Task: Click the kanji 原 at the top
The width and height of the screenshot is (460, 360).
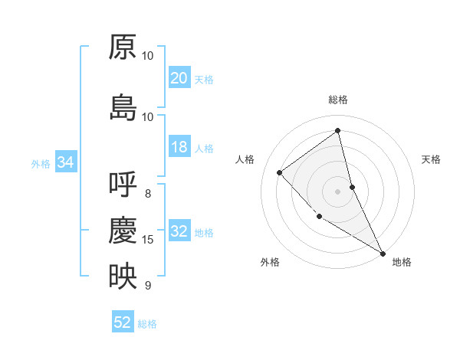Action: pyautogui.click(x=123, y=47)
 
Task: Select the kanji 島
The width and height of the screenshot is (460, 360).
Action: pyautogui.click(x=123, y=108)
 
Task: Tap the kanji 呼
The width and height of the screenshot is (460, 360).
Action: pyautogui.click(x=123, y=185)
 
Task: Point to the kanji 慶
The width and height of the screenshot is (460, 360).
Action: pyautogui.click(x=123, y=231)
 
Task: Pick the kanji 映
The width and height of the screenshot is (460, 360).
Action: pyautogui.click(x=123, y=277)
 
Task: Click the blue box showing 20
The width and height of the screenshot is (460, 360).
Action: pyautogui.click(x=179, y=78)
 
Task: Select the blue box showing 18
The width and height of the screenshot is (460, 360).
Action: pyautogui.click(x=179, y=147)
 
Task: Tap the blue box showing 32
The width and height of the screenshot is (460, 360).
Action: pyautogui.click(x=179, y=231)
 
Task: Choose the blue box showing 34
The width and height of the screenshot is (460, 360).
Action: pyautogui.click(x=65, y=162)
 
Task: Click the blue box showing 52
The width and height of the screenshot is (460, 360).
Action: pyautogui.click(x=123, y=322)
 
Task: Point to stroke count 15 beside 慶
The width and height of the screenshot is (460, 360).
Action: pyautogui.click(x=148, y=240)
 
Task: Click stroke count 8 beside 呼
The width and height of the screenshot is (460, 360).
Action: pyautogui.click(x=148, y=193)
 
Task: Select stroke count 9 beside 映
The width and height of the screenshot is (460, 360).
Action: pyautogui.click(x=148, y=286)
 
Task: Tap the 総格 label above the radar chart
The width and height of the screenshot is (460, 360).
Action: pyautogui.click(x=337, y=100)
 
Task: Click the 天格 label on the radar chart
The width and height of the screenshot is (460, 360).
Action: pyautogui.click(x=431, y=159)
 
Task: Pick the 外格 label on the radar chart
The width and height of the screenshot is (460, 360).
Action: pyautogui.click(x=270, y=262)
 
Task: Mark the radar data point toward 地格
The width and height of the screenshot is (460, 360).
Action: pyautogui.click(x=383, y=253)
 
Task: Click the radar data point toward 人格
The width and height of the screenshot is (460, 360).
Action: pyautogui.click(x=280, y=172)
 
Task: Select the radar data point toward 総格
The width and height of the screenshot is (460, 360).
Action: pyautogui.click(x=337, y=130)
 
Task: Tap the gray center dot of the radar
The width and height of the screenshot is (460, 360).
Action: pyautogui.click(x=337, y=191)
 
